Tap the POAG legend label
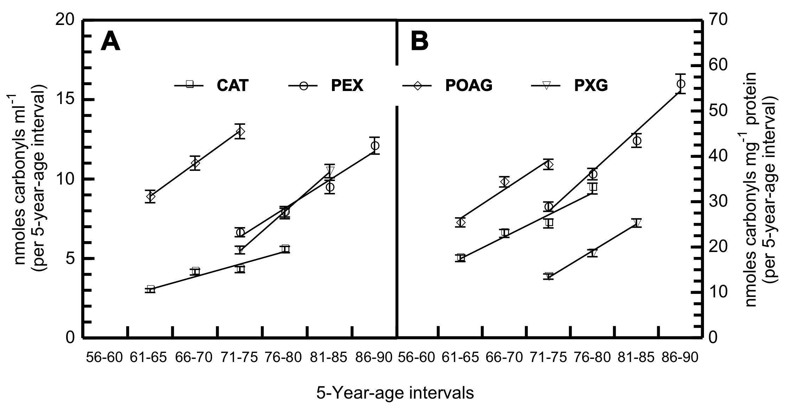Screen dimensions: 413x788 click(468, 85)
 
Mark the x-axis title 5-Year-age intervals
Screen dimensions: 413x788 click(395, 393)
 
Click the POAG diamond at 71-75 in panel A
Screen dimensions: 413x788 click(240, 132)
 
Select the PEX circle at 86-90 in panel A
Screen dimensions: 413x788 click(375, 145)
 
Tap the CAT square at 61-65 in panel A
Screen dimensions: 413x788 click(150, 289)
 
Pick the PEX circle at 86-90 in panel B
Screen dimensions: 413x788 click(681, 84)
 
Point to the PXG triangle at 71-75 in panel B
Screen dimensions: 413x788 click(548, 276)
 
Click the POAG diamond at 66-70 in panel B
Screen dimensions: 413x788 click(505, 182)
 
